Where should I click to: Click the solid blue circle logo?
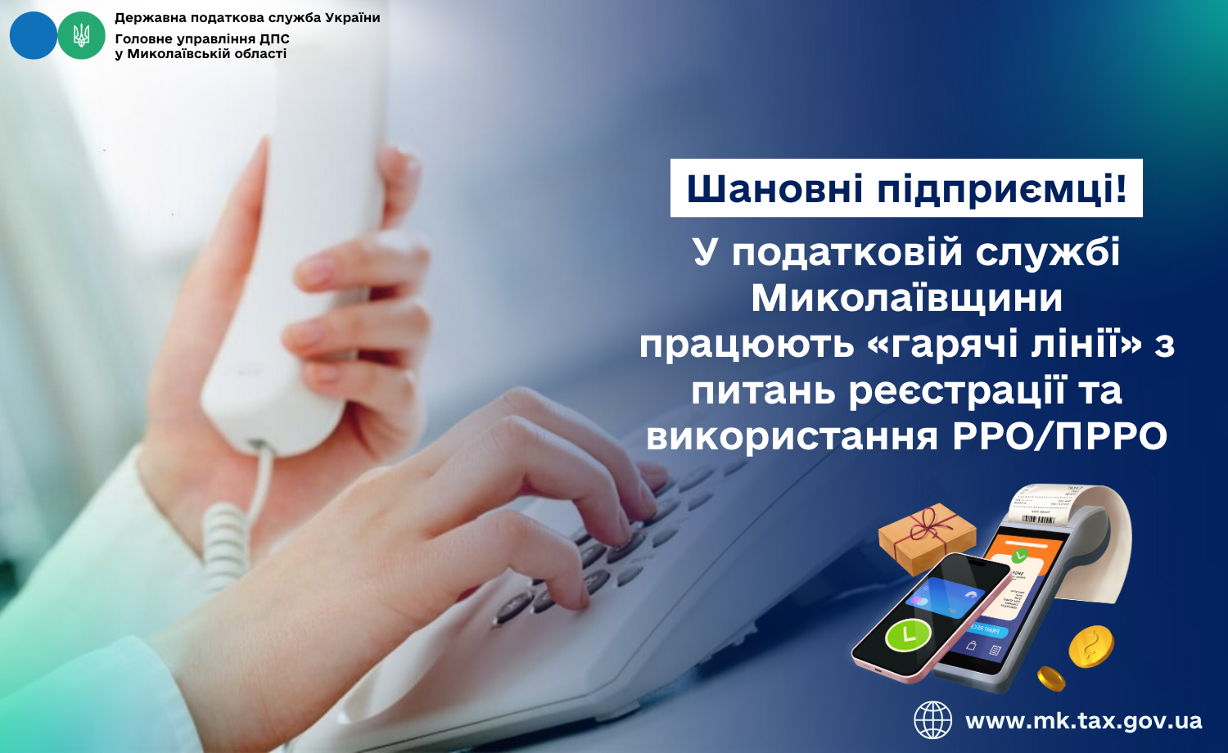(x=34, y=36)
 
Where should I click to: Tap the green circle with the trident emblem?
(x=81, y=36)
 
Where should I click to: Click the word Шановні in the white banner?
(x=774, y=188)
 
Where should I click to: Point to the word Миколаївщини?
(x=907, y=298)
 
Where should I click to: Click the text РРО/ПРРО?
(x=1060, y=437)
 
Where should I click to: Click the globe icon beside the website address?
(x=932, y=720)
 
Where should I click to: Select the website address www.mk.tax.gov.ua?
(x=1083, y=720)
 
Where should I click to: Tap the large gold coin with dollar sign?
(x=1091, y=647)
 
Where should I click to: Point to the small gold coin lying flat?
(x=1051, y=679)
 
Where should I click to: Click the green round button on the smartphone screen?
(x=908, y=635)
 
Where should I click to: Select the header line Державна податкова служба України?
(x=247, y=17)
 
